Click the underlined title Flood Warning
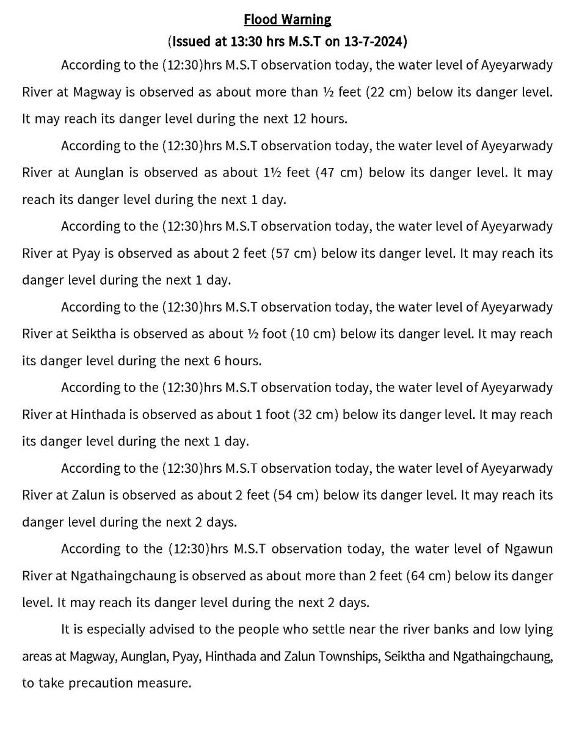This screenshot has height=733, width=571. (x=287, y=20)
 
